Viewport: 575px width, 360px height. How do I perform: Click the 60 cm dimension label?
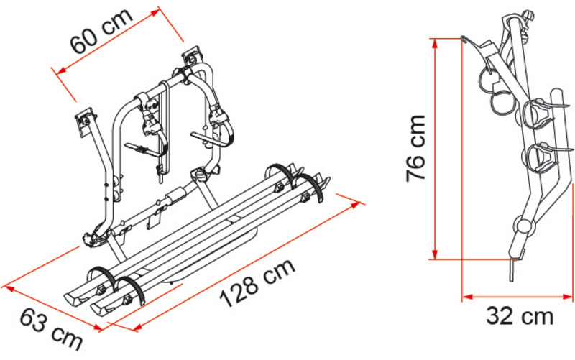[101, 32]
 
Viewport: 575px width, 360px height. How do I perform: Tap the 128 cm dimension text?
[257, 282]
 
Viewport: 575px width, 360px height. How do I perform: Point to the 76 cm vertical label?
[415, 148]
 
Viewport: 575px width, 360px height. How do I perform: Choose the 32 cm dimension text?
[520, 316]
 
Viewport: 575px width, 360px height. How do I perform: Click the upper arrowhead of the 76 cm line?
[435, 43]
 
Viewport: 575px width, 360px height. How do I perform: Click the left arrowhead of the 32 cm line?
[467, 297]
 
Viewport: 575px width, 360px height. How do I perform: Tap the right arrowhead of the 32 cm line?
[567, 297]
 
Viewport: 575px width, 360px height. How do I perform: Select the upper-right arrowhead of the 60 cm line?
[156, 12]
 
